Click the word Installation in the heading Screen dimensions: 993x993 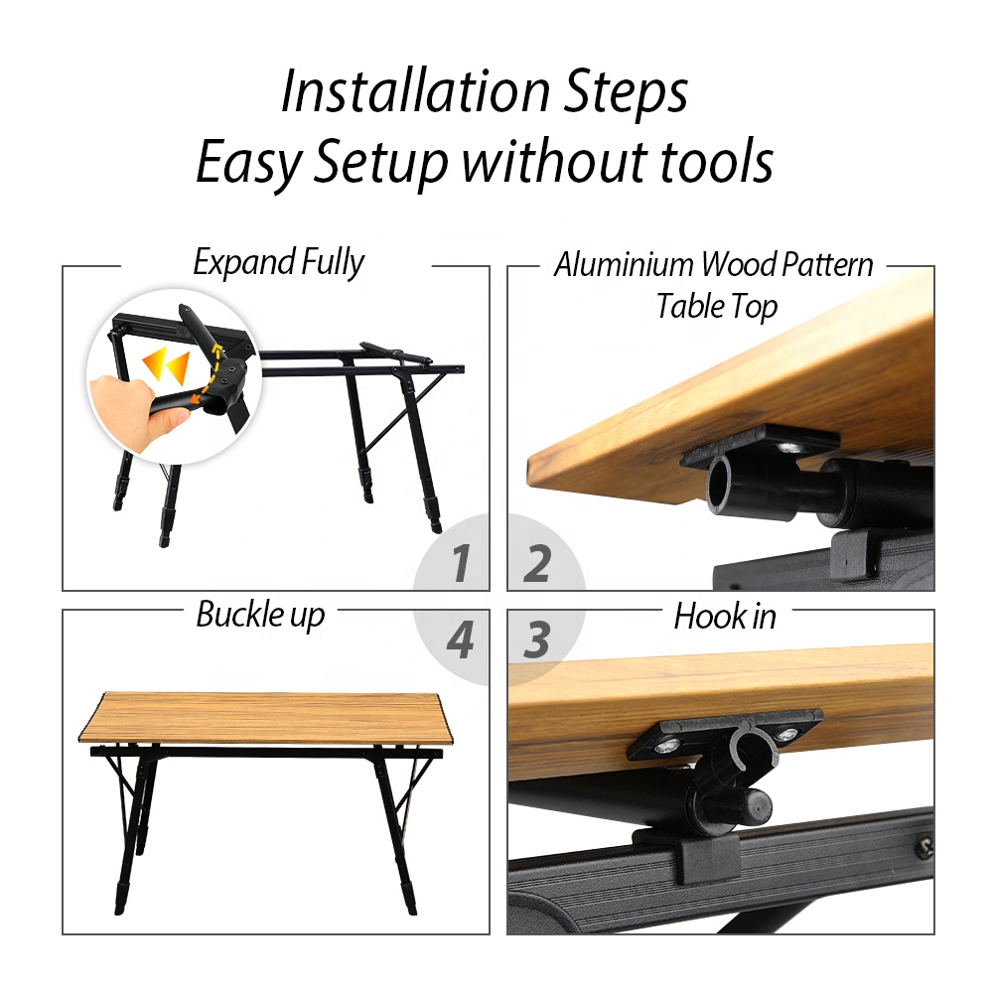(415, 91)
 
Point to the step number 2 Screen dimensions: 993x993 (537, 562)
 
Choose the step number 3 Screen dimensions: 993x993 (536, 639)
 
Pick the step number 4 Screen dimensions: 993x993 (460, 639)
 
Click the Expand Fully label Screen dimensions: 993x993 (279, 262)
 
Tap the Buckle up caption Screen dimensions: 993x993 (260, 615)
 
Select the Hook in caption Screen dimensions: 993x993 (725, 617)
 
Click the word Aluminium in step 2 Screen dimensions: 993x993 (625, 264)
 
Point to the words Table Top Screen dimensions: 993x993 (716, 307)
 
